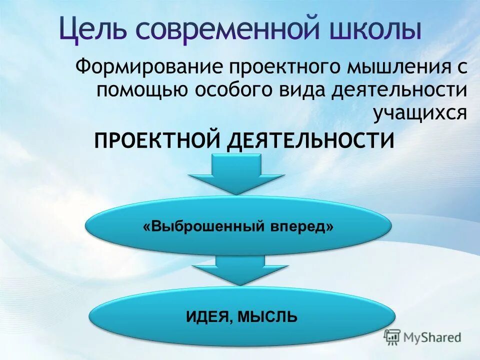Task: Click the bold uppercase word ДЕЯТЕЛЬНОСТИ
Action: tap(310, 140)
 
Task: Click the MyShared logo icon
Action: tap(392, 337)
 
